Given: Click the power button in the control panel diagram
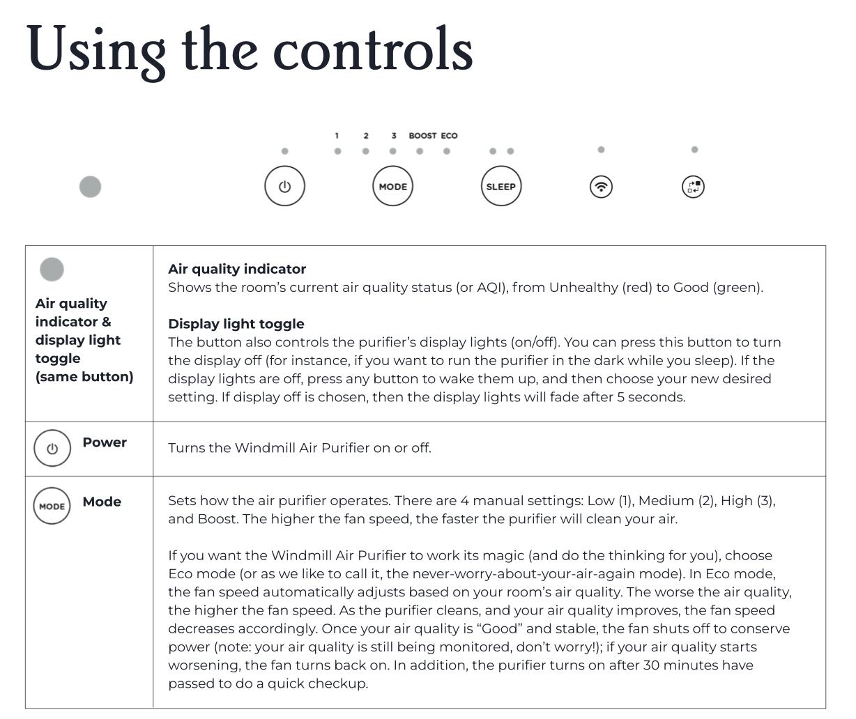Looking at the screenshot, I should (x=284, y=187).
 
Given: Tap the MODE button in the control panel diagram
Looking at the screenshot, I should (x=392, y=187).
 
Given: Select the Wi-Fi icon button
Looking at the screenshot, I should (x=601, y=187).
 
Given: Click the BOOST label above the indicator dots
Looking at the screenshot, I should (x=422, y=136).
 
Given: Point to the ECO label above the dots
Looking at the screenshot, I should (x=449, y=136).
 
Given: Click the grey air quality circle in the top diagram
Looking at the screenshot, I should (x=90, y=187).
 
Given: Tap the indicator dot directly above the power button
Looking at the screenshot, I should (x=284, y=151).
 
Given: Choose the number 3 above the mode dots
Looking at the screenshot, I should (x=394, y=136).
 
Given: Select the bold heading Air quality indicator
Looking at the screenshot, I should (x=237, y=269).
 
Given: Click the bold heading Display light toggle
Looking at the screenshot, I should (x=236, y=324).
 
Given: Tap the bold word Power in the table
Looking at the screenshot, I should (x=105, y=442).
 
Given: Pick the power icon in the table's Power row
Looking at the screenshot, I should (x=52, y=449).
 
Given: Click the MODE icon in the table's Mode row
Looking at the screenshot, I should (x=52, y=507).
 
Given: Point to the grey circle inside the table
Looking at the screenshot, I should (x=52, y=269).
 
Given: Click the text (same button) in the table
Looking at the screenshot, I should (x=84, y=377).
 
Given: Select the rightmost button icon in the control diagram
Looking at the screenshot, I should (x=693, y=187).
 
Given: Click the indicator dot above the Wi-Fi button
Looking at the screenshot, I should (x=601, y=150).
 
